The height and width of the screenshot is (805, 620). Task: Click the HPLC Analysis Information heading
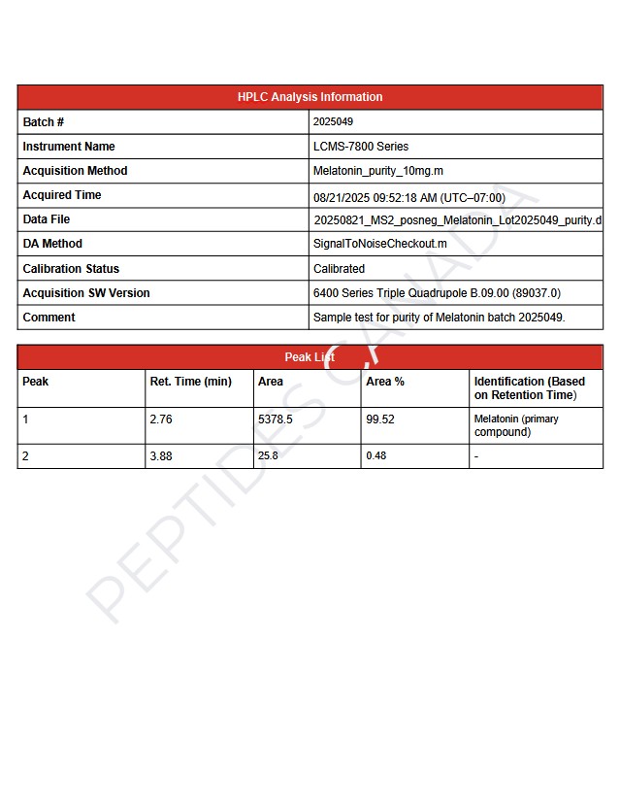[x=310, y=97]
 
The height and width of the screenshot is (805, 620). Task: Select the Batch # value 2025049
[x=333, y=122]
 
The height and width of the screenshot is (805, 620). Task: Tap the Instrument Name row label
[x=69, y=147]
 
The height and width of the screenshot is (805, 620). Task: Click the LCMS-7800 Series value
[x=361, y=147]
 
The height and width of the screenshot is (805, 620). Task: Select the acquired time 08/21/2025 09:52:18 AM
[x=408, y=197]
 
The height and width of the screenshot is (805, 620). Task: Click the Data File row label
[x=47, y=219]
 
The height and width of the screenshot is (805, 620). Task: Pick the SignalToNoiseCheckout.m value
[x=380, y=244]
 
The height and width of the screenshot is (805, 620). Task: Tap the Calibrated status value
[x=339, y=269]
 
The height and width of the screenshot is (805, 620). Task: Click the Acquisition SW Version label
[x=86, y=293]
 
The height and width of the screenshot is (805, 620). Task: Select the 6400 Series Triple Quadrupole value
[x=437, y=293]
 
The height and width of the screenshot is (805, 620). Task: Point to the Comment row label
[x=49, y=318]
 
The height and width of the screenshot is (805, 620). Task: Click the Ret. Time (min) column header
[x=190, y=382]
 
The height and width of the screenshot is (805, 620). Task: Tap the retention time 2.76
[x=161, y=419]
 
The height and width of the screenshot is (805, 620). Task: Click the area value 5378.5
[x=275, y=419]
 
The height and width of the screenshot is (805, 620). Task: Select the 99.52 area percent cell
[x=380, y=419]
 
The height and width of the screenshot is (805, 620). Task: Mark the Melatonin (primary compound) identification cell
[x=516, y=425]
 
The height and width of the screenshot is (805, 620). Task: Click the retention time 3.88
[x=161, y=455]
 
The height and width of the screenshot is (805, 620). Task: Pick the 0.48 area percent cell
[x=376, y=455]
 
